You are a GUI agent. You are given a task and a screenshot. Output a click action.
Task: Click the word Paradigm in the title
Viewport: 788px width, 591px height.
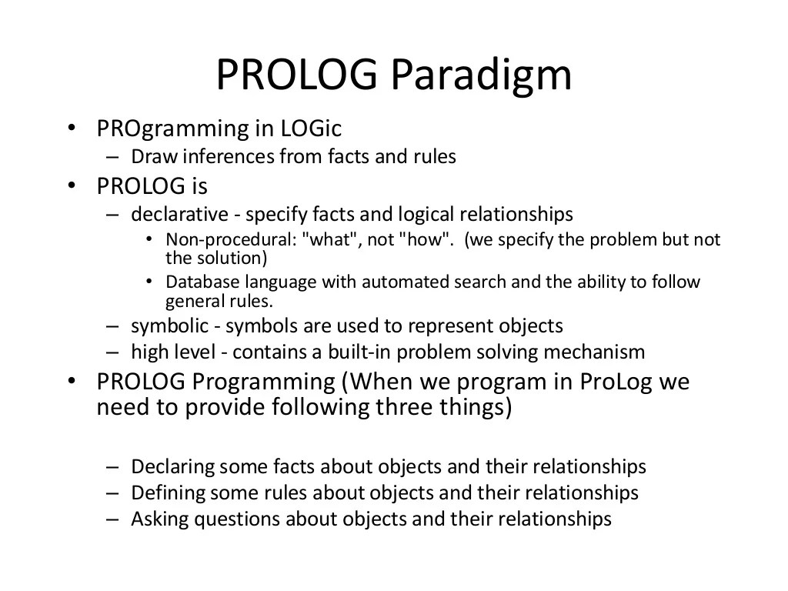pyautogui.click(x=481, y=76)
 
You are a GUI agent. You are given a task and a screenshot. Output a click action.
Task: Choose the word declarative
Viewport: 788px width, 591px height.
pyautogui.click(x=179, y=214)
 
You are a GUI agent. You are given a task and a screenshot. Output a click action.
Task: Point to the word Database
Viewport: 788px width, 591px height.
pyautogui.click(x=202, y=282)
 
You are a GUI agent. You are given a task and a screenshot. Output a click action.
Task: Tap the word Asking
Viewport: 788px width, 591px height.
pyautogui.click(x=159, y=519)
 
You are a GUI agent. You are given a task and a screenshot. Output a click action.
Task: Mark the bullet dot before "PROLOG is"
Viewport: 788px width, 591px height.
pyautogui.click(x=72, y=185)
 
